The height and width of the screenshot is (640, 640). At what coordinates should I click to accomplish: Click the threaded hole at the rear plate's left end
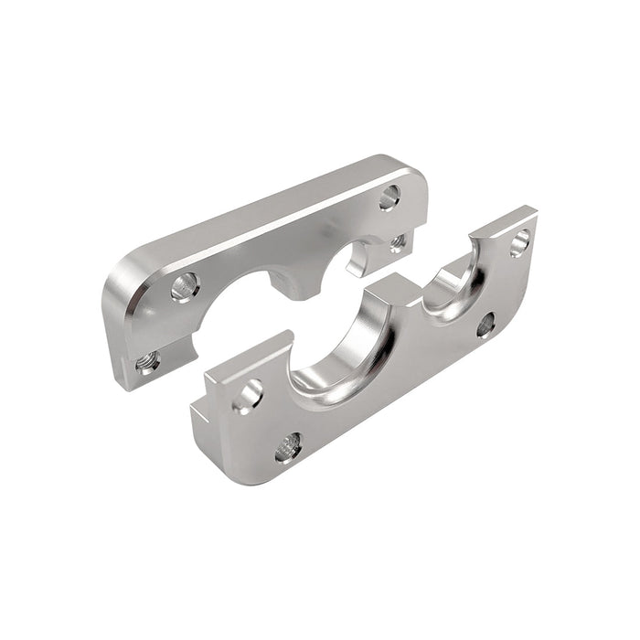coord(146,362)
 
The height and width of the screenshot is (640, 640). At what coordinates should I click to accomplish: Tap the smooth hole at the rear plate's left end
coord(185,286)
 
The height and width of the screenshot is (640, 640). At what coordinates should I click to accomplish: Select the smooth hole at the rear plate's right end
coord(389,196)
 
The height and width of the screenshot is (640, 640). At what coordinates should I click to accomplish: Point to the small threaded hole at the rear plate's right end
coord(398,243)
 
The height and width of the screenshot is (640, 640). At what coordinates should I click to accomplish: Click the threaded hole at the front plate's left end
coord(289,447)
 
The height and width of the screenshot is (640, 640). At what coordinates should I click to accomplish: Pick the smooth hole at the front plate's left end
coord(248,396)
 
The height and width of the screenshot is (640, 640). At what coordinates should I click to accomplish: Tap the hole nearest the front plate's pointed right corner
coord(519,241)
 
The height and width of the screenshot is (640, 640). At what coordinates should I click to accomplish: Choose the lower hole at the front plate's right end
coord(486,324)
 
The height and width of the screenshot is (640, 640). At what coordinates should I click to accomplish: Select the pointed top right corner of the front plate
coord(530,212)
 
